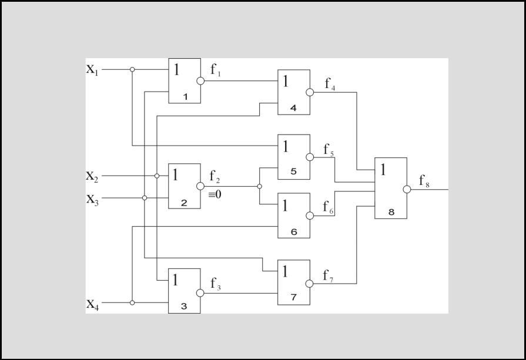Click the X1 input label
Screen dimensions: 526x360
(93, 70)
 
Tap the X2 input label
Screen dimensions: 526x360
(92, 176)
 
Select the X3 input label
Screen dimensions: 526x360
(93, 200)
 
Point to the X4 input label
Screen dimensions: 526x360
(93, 304)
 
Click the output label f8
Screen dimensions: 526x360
(424, 181)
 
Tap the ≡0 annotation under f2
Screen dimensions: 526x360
(215, 194)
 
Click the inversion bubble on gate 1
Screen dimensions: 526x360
(200, 81)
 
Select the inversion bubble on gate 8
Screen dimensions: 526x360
(407, 189)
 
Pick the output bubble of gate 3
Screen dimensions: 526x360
(200, 293)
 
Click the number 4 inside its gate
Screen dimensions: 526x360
(293, 108)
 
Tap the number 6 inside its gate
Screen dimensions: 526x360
(294, 231)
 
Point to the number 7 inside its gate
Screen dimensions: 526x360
(294, 297)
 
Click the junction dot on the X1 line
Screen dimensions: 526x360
(132, 69)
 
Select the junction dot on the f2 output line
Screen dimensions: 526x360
(259, 186)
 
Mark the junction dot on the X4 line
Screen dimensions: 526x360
(132, 302)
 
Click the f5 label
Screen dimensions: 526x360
(329, 150)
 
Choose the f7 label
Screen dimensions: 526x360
(328, 276)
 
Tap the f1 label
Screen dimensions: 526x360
(216, 70)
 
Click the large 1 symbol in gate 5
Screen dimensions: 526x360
(286, 146)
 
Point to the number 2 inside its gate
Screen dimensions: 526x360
(184, 203)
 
